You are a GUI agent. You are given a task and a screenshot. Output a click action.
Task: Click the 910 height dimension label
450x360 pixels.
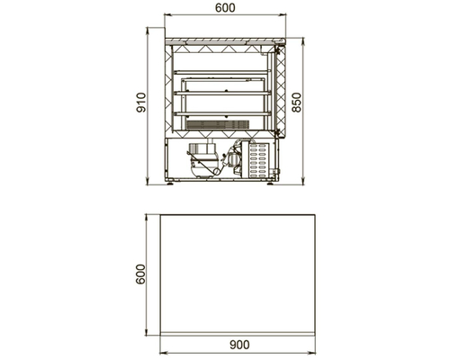point(141,103)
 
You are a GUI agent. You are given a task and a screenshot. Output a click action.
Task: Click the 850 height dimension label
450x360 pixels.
point(296,103)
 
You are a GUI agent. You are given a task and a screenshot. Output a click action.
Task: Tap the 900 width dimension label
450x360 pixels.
point(239,345)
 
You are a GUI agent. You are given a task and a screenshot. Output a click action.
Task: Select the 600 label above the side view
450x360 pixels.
point(225,8)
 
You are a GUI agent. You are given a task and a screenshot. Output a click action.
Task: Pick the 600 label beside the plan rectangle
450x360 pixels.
point(140,274)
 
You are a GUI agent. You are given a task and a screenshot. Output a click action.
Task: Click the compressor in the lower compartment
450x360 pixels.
point(202,159)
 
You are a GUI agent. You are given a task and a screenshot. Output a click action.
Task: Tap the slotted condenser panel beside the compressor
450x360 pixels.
point(258,159)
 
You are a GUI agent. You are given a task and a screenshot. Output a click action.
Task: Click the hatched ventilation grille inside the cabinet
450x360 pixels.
point(218,125)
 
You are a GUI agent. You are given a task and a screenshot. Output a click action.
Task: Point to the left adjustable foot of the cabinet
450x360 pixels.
point(170,183)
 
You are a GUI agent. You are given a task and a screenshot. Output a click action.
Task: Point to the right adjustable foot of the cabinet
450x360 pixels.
point(270,183)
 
